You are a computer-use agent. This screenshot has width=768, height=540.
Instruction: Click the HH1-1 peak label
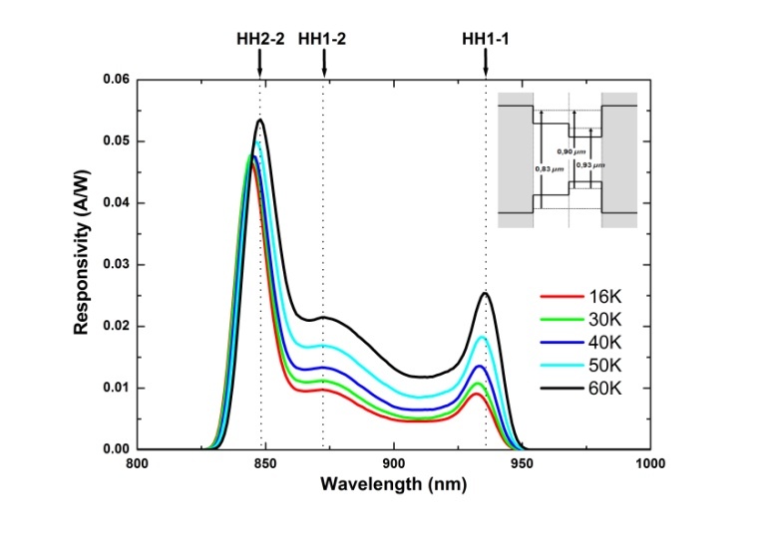click(487, 39)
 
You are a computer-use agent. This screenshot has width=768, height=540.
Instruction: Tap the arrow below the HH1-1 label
click(487, 62)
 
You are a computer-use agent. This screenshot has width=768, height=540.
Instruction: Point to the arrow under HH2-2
click(260, 62)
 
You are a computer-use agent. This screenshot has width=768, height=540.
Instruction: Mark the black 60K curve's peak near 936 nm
click(486, 293)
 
